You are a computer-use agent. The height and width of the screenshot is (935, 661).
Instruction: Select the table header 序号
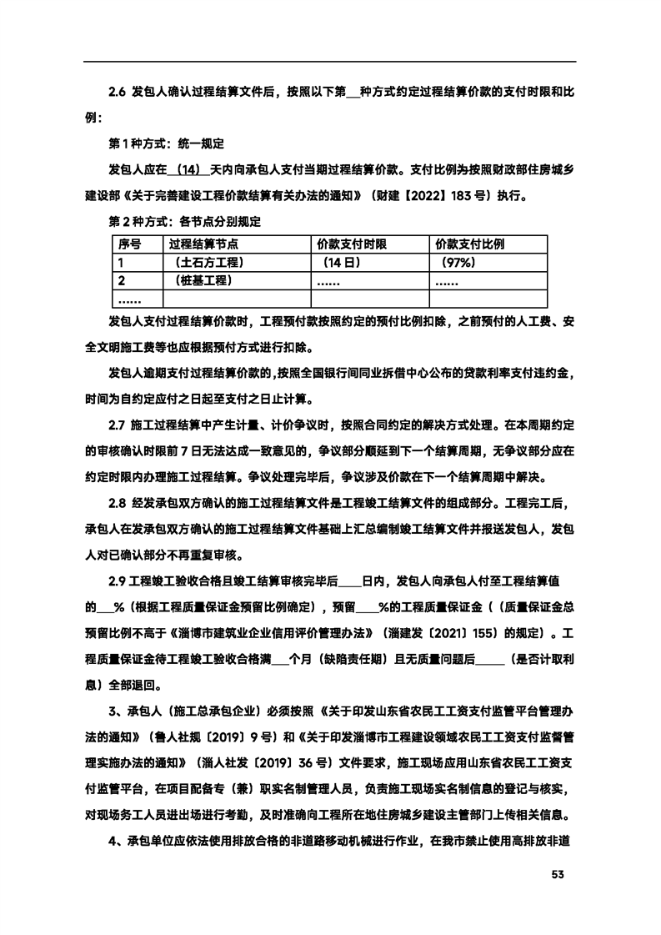point(129,244)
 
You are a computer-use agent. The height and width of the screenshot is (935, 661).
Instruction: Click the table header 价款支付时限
point(352,244)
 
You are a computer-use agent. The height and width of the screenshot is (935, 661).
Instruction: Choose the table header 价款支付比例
point(470,244)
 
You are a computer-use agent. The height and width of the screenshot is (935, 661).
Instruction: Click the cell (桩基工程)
point(202,280)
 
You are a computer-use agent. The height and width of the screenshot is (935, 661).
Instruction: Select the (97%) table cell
point(454,263)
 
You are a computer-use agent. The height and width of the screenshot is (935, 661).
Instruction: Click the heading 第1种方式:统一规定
point(168,143)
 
